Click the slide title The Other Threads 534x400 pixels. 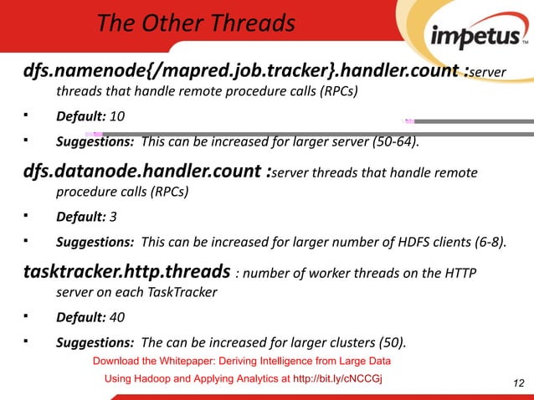tap(196, 23)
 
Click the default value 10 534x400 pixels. tap(120, 116)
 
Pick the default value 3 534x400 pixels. tap(114, 218)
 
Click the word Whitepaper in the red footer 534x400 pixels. tap(187, 362)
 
